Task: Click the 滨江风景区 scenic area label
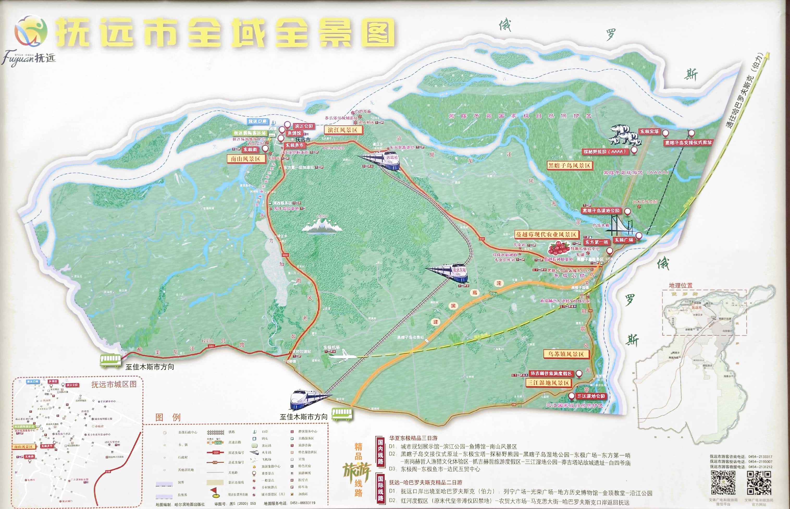(x=343, y=130)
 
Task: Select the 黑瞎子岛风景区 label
(x=569, y=166)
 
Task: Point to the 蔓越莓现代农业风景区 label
(x=546, y=235)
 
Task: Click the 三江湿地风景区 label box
(x=548, y=383)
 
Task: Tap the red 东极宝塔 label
(x=649, y=131)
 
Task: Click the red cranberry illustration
(x=558, y=247)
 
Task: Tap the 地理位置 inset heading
(x=680, y=286)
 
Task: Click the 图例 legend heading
(x=168, y=417)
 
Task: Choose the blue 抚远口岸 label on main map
(x=258, y=121)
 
